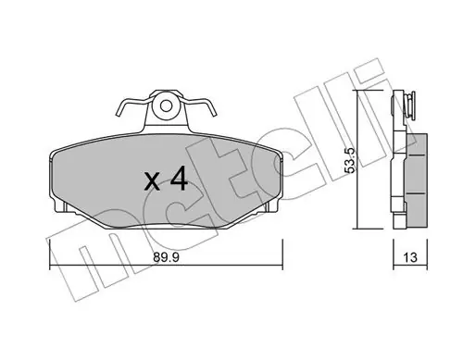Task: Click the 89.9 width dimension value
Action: [x=166, y=257]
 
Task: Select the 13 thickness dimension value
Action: [x=410, y=257]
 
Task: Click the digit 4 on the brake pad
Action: [x=179, y=179]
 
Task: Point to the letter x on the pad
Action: [x=152, y=181]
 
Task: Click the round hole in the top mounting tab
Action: [x=166, y=106]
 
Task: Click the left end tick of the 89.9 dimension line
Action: [x=50, y=254]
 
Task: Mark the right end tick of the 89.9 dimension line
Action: [x=282, y=254]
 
